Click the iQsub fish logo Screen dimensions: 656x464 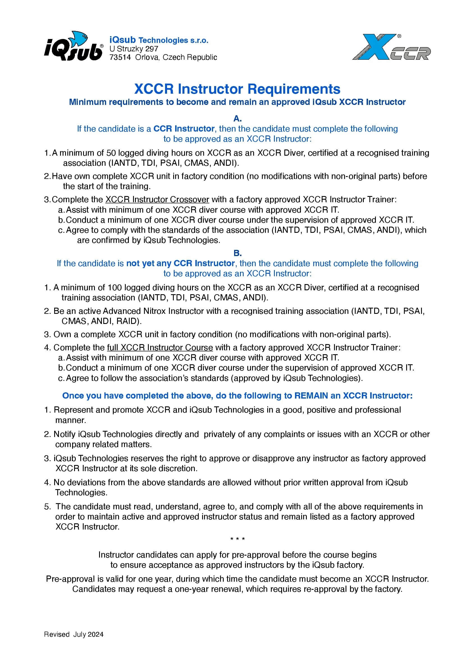pyautogui.click(x=74, y=47)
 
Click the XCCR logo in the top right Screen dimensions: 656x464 pyautogui.click(x=391, y=47)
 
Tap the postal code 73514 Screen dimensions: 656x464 pyautogui.click(x=120, y=57)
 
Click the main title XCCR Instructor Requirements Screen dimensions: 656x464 pyautogui.click(x=237, y=89)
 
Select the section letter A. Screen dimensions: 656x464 pyautogui.click(x=237, y=118)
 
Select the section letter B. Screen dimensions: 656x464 pyautogui.click(x=237, y=253)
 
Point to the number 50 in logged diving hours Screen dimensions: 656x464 pyautogui.click(x=111, y=153)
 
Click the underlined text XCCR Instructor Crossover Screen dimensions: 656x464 pyautogui.click(x=157, y=199)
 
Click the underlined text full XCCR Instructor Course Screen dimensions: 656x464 pyautogui.click(x=160, y=347)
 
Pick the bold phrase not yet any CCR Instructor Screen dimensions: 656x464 pyautogui.click(x=180, y=263)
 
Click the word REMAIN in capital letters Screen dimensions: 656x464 pyautogui.click(x=311, y=396)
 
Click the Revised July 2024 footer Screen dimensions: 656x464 pyautogui.click(x=74, y=643)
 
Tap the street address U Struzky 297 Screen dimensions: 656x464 pyautogui.click(x=134, y=49)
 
